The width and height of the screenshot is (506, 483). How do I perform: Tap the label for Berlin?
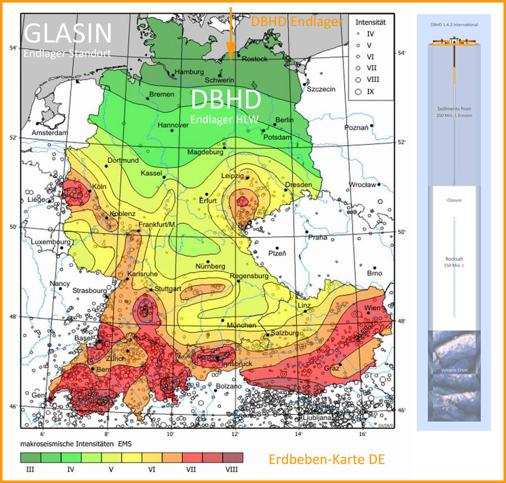(x=284, y=120)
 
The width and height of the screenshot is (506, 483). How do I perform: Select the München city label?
(x=242, y=325)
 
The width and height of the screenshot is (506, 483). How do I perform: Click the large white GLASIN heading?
(x=67, y=34)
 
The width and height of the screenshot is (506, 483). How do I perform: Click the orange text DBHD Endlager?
(x=296, y=21)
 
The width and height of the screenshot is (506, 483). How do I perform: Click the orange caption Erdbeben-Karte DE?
(x=326, y=459)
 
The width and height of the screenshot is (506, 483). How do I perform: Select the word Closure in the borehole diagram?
(x=454, y=200)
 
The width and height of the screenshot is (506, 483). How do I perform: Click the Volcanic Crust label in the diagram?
(x=454, y=370)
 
